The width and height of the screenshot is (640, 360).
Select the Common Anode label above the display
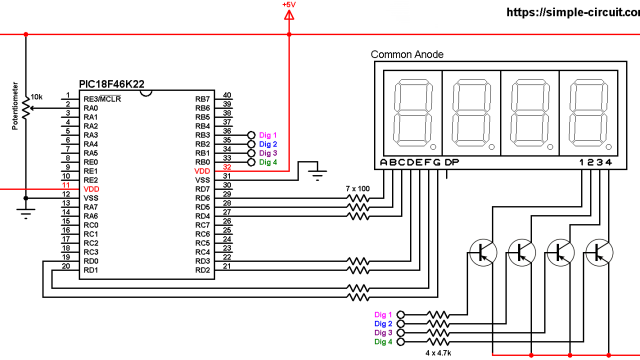click(x=407, y=55)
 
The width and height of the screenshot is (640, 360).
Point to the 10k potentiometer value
click(x=37, y=96)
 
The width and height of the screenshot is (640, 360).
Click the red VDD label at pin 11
click(x=91, y=189)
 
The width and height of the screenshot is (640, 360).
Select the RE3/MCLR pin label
click(x=103, y=100)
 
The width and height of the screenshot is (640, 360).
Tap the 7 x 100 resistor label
click(x=357, y=188)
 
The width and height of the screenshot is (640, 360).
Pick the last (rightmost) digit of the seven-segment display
click(x=587, y=113)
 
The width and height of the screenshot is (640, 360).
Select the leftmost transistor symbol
click(x=481, y=252)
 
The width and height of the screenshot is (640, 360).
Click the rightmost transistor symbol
click(x=599, y=252)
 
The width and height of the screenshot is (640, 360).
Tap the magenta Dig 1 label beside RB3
click(x=268, y=135)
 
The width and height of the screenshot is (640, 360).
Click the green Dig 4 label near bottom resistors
click(x=382, y=342)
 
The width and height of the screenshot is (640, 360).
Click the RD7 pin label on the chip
click(x=202, y=189)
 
